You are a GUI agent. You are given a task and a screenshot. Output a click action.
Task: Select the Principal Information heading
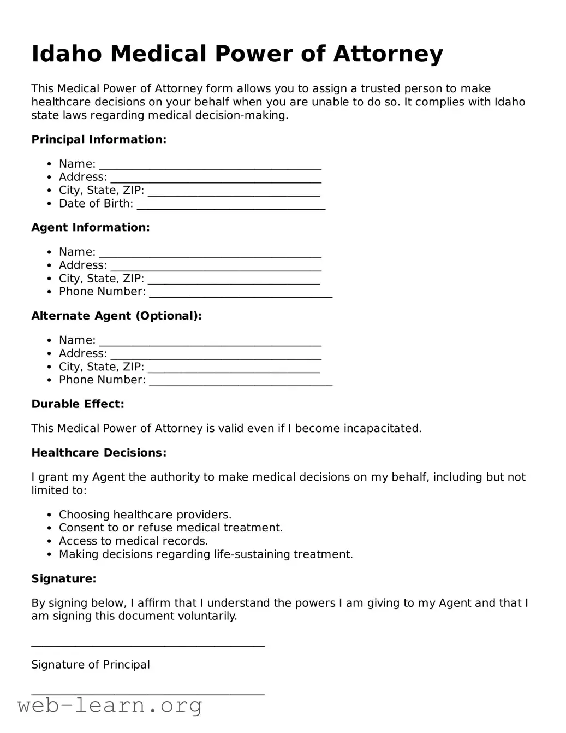pos(99,140)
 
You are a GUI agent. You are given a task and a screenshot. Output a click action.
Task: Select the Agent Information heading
pos(91,228)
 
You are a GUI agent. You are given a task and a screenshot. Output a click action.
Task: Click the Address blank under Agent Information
pos(216,267)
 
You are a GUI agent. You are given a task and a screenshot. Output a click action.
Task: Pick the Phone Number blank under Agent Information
pos(241,293)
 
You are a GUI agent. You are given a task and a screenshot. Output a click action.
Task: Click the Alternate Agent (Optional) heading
pos(116,316)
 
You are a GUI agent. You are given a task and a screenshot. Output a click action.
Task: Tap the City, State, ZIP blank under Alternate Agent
pos(234,368)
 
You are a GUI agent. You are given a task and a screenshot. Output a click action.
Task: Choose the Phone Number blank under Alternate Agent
pos(241,381)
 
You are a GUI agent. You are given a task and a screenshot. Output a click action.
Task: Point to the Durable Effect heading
pos(78,404)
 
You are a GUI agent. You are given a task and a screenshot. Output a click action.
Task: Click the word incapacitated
pos(382,429)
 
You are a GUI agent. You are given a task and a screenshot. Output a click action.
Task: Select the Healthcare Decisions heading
pos(99,453)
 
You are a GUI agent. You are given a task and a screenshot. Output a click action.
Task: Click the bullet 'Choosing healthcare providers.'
pos(145,515)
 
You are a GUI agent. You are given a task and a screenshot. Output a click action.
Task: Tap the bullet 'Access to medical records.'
pos(133,541)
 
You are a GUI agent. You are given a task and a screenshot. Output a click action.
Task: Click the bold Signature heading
pos(64,579)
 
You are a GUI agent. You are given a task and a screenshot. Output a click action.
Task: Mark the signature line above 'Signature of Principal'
pos(148,644)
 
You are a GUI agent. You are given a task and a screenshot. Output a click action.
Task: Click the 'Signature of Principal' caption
pos(91,665)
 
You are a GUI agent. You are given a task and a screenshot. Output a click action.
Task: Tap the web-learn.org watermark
pos(110,706)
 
